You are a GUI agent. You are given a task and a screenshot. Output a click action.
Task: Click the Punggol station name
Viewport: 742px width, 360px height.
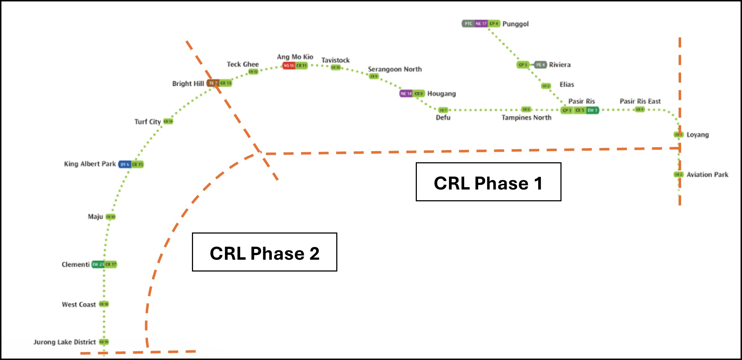click(x=515, y=24)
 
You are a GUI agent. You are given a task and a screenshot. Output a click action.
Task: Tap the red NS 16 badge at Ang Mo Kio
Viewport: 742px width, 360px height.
click(x=289, y=66)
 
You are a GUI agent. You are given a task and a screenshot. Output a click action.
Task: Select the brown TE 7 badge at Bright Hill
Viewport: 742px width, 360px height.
click(x=213, y=83)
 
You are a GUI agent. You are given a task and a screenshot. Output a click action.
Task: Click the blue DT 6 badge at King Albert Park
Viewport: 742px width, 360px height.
click(x=124, y=164)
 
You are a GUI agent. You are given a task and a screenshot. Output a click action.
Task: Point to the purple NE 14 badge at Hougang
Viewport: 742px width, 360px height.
click(x=406, y=93)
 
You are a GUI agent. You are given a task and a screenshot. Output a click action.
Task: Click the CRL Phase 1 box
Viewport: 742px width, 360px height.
click(x=488, y=182)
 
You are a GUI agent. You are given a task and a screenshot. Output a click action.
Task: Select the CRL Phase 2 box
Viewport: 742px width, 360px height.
click(x=264, y=252)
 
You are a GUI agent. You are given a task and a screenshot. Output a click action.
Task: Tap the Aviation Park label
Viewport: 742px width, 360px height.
click(x=707, y=175)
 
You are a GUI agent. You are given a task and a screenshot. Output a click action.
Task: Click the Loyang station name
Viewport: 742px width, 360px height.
click(x=697, y=135)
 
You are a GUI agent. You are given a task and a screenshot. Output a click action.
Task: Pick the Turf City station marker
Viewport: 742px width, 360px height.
click(x=168, y=121)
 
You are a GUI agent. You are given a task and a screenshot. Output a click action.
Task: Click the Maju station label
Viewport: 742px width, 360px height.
click(x=95, y=217)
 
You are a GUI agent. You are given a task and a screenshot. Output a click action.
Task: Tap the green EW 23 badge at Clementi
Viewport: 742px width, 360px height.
click(x=98, y=264)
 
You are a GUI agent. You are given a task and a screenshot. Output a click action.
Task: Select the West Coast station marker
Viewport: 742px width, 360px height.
click(x=104, y=304)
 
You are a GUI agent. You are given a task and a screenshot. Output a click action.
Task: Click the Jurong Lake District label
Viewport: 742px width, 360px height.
click(x=64, y=342)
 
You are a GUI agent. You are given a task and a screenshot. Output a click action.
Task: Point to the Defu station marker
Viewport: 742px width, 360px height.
click(x=443, y=110)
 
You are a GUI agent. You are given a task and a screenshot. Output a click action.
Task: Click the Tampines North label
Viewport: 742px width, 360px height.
click(x=526, y=118)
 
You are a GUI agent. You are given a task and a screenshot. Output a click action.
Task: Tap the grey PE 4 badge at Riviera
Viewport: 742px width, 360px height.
click(x=540, y=65)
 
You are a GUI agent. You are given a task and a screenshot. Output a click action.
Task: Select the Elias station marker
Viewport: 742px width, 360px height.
click(x=546, y=86)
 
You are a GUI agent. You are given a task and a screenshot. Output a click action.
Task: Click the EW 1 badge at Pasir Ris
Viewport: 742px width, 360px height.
click(x=592, y=110)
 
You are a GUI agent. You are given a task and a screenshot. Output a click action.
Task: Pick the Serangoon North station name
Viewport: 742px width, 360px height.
click(x=395, y=69)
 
